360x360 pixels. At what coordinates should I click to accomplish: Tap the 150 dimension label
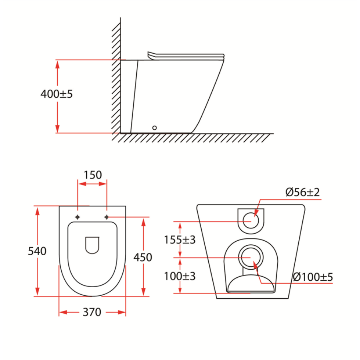point(92,175)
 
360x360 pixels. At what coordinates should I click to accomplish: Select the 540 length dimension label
point(37,251)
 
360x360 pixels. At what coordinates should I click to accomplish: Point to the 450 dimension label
point(143,257)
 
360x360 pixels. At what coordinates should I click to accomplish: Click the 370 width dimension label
point(92,312)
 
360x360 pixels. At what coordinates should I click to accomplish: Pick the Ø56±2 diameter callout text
point(303,192)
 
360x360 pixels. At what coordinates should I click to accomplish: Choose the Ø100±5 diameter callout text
point(313,277)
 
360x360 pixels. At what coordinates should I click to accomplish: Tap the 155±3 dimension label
point(180,240)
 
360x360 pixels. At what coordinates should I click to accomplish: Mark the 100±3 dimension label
point(180,276)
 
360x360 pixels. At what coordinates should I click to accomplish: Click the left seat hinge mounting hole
point(78,217)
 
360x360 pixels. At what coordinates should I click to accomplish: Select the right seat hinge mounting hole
point(107,217)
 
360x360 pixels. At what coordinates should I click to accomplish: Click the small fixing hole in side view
point(154,128)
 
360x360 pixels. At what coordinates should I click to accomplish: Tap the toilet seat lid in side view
point(186,55)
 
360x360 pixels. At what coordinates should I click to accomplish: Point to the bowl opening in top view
point(92,245)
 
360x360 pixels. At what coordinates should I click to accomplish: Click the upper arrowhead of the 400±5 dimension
point(58,63)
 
